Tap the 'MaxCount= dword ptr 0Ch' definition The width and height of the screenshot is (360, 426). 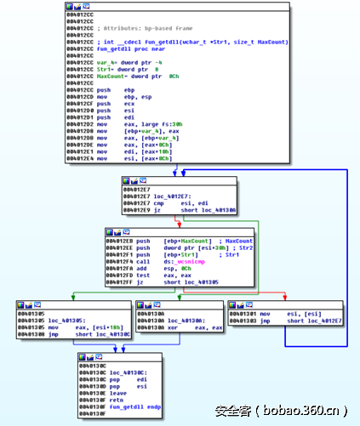pyautogui.click(x=137, y=76)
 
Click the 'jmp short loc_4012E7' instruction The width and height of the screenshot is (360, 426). pyautogui.click(x=294, y=321)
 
